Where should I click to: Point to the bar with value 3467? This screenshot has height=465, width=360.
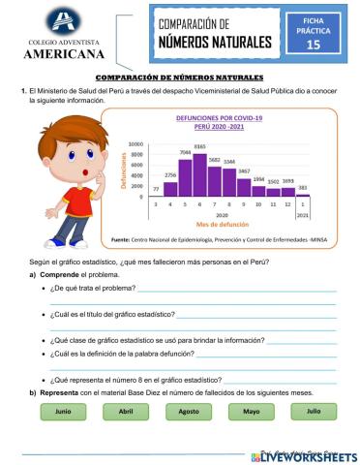tap(244, 185)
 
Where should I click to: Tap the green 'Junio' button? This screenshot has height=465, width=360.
tap(64, 411)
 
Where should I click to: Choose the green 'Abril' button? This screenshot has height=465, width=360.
tap(125, 411)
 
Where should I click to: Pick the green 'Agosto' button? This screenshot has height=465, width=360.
tap(189, 411)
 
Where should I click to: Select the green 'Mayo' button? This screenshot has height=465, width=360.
tap(251, 411)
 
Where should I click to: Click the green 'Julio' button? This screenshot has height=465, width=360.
tap(313, 411)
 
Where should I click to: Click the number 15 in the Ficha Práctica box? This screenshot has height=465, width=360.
tap(313, 45)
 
